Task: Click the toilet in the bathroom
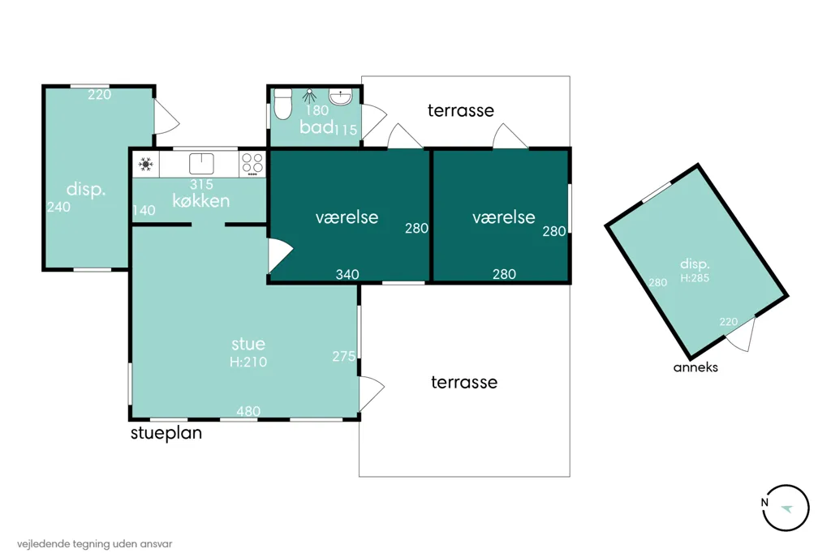pos(282,103)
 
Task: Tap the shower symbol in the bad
pos(309,96)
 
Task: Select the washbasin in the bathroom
pos(340,97)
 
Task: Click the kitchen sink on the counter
pos(201,164)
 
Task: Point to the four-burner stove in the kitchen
pos(252,165)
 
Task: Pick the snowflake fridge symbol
pos(146,165)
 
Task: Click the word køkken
pos(201,201)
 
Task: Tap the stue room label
pos(248,345)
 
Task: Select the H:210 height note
pos(248,362)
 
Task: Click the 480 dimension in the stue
pos(248,411)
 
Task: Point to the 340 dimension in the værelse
pos(347,274)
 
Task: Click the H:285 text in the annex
pos(695,278)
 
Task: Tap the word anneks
pos(695,367)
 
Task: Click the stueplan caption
pos(166,433)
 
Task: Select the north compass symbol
pos(786,508)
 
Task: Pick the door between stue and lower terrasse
pos(371,393)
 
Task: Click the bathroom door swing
pos(373,122)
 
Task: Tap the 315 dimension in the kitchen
pos(201,184)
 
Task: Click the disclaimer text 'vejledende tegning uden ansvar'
pos(94,544)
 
